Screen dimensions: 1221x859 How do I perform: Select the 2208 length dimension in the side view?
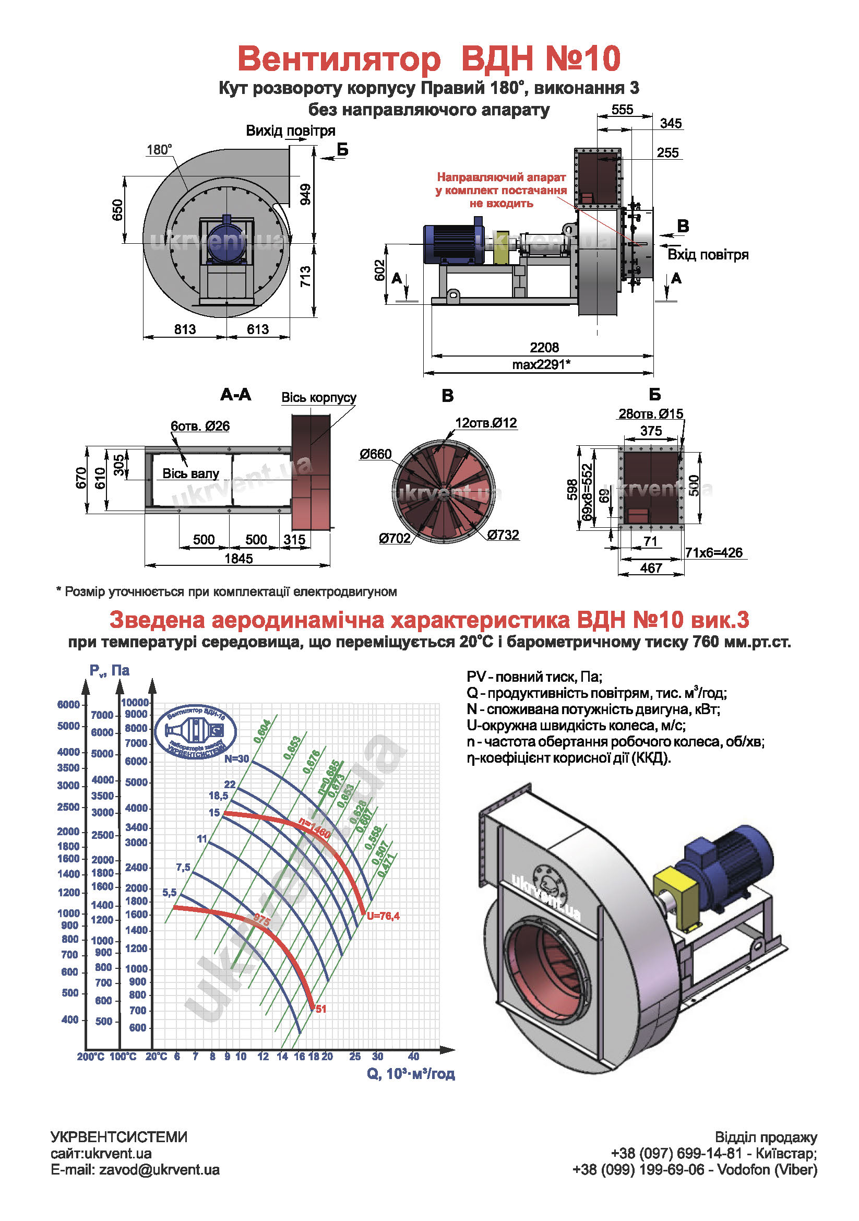point(544,347)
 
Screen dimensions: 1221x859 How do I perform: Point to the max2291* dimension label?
point(541,364)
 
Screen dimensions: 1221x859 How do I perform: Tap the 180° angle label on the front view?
point(159,150)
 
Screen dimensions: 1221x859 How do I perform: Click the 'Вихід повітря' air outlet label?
point(290,131)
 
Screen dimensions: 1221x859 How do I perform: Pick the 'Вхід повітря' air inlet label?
point(708,255)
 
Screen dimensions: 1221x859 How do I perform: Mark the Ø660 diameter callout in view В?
point(375,454)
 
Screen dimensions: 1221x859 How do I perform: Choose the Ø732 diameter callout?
point(503,535)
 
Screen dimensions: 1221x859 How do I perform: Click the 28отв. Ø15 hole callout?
point(651,414)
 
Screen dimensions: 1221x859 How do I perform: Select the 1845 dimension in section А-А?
point(238,559)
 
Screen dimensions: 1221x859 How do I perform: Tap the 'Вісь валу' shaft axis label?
point(190,473)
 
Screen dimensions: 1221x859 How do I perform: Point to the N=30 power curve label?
point(236,759)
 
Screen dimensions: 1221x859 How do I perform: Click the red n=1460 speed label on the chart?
point(314,828)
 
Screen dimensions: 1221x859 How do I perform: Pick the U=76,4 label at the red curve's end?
point(383,916)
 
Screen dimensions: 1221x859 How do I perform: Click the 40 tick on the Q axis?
point(413,1057)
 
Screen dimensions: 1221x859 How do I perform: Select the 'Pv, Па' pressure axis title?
point(109,671)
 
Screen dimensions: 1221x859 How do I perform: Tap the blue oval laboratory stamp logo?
point(196,732)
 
